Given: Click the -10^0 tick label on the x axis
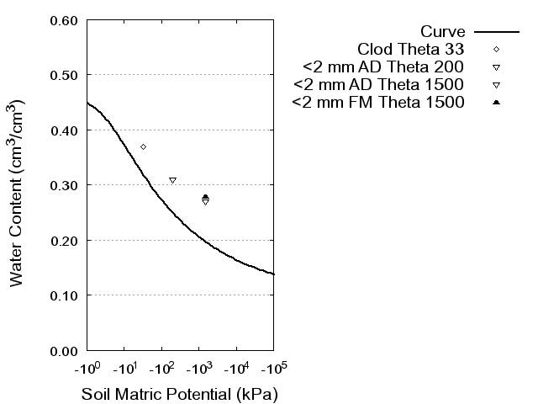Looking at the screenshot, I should pyautogui.click(x=87, y=369).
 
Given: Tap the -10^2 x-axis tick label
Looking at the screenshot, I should pyautogui.click(x=161, y=369).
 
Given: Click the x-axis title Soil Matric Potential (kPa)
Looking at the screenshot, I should pyautogui.click(x=180, y=394).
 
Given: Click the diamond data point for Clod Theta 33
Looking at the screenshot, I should pyautogui.click(x=144, y=147).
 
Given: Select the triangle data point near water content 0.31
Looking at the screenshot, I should pyautogui.click(x=172, y=180).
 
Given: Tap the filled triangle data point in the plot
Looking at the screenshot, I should pyautogui.click(x=205, y=197).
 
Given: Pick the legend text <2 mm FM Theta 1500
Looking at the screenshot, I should pyautogui.click(x=378, y=103).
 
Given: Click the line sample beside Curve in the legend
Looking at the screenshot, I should pyautogui.click(x=497, y=31).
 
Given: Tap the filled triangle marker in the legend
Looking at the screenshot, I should pyautogui.click(x=497, y=103).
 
